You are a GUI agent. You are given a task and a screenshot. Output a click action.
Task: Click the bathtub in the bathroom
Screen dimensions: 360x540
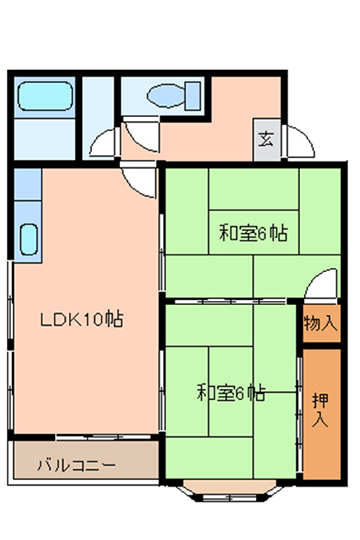pyautogui.click(x=45, y=96)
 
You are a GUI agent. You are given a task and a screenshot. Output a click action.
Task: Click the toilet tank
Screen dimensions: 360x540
pyautogui.click(x=193, y=96)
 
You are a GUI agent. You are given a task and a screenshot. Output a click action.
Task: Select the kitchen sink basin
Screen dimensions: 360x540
pyautogui.click(x=29, y=239)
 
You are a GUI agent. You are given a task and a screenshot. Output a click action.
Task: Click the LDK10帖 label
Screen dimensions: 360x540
pyautogui.click(x=82, y=320)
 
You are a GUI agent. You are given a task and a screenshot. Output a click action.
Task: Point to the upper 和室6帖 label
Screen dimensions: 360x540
pyautogui.click(x=254, y=233)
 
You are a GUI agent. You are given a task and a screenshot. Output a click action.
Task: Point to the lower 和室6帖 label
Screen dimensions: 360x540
pyautogui.click(x=231, y=392)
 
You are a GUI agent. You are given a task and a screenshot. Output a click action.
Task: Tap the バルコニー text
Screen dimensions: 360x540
pyautogui.click(x=76, y=465)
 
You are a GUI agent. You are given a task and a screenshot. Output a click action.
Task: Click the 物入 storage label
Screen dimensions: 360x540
pyautogui.click(x=320, y=323)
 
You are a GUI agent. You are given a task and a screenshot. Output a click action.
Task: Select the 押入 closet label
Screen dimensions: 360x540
pyautogui.click(x=321, y=410)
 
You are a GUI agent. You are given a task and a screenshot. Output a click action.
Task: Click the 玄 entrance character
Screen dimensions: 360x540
pyautogui.click(x=266, y=139)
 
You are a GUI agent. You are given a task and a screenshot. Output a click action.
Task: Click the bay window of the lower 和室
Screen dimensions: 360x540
pyautogui.click(x=230, y=492)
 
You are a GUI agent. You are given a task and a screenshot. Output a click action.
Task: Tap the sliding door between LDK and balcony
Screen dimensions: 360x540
pyautogui.click(x=103, y=437)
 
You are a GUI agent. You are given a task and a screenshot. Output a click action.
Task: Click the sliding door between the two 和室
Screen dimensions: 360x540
pyautogui.click(x=230, y=302)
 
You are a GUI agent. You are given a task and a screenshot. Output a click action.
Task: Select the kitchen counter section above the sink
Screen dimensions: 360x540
pyautogui.click(x=28, y=184)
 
